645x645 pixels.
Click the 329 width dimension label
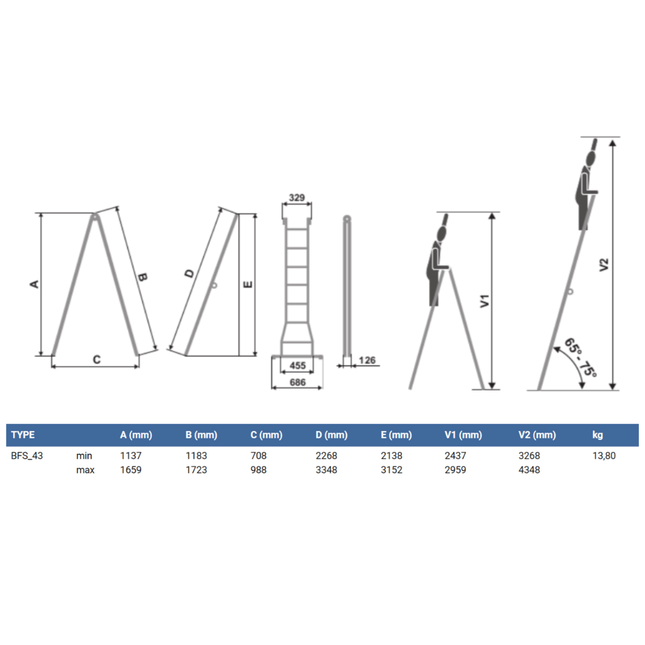coord(297,198)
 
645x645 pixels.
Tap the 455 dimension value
coord(297,365)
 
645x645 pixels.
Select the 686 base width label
coord(297,382)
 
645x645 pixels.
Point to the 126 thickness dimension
coord(367,360)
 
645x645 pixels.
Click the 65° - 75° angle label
coord(580,357)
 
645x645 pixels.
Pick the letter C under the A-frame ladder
coord(97,360)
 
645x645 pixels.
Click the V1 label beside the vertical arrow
coord(485,300)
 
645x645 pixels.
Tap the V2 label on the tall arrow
coord(603,265)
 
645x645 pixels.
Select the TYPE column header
coord(23,435)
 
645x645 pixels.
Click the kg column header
coord(597,435)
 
